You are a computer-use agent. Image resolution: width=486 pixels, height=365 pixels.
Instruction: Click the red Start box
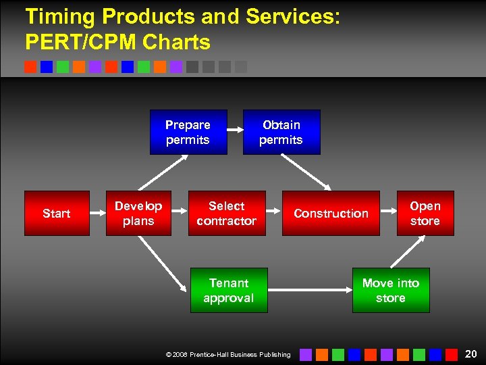57,213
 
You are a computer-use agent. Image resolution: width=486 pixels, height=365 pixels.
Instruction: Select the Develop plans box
138,213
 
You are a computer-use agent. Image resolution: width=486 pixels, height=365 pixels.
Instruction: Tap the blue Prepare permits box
188,132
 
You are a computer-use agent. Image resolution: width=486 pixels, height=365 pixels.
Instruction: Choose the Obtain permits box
281,132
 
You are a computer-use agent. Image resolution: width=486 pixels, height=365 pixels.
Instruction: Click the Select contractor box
227,213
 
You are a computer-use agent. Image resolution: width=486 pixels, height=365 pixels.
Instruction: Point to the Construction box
331,213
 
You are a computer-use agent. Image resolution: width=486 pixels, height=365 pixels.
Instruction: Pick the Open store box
425,213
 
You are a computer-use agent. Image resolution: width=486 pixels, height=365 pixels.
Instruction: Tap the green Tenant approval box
229,290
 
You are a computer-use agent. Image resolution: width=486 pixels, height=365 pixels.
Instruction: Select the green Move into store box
391,290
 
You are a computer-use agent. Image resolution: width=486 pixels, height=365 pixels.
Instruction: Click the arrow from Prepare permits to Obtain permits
235,130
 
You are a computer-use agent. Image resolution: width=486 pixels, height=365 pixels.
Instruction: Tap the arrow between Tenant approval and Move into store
309,291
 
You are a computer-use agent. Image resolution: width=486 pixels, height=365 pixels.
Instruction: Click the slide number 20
470,354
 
